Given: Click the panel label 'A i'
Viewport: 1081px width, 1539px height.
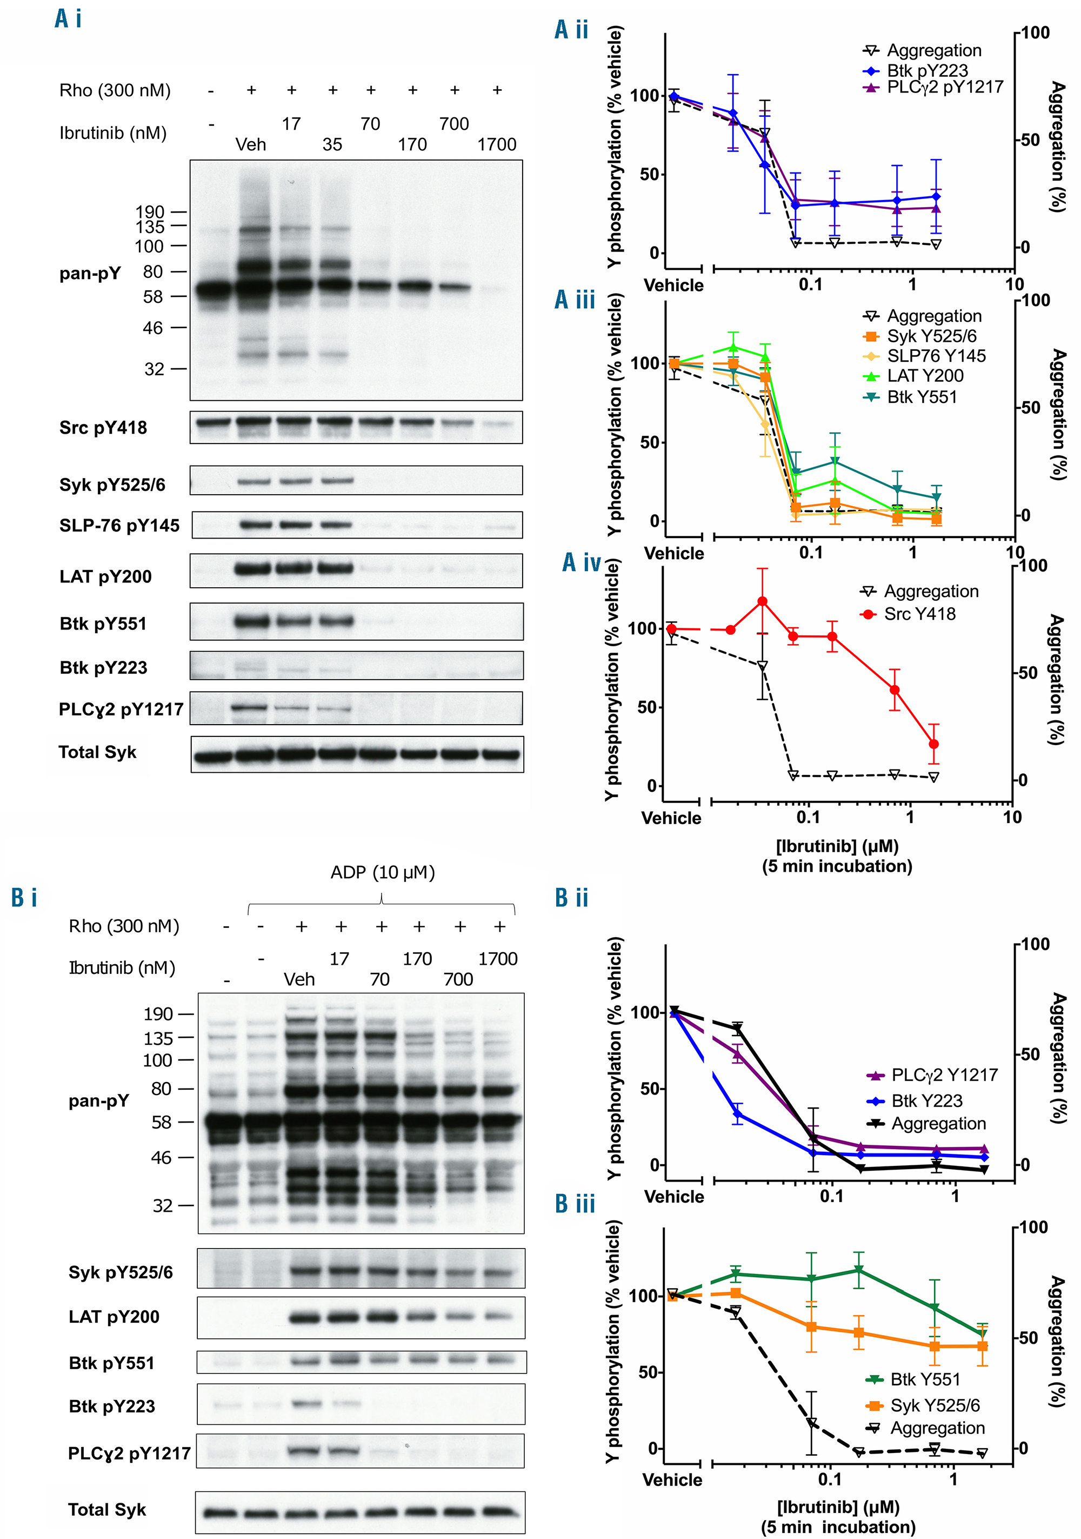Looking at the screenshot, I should click(68, 18).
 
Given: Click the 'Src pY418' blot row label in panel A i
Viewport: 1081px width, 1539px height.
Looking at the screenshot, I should click(103, 428).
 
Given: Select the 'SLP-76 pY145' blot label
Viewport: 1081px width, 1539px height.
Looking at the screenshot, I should click(119, 526).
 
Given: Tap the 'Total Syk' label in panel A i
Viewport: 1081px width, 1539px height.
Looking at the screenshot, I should click(97, 752).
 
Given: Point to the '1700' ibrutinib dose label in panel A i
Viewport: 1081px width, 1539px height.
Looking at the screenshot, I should click(496, 145).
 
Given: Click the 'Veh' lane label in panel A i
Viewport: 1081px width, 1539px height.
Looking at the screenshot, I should click(251, 145).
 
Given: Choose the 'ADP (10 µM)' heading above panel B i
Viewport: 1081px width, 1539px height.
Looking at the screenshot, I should click(382, 872).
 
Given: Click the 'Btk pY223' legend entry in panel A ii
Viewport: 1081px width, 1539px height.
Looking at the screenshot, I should click(927, 70).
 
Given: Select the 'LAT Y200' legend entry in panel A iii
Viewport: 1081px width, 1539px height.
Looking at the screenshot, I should click(925, 376).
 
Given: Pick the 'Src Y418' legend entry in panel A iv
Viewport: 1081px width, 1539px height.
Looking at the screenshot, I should click(919, 613).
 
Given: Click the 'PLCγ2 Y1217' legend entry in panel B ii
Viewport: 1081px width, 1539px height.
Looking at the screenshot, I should click(944, 1075).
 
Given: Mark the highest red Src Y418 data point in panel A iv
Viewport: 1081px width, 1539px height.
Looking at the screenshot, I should click(762, 601).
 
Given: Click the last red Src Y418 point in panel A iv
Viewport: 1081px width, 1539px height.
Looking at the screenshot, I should click(933, 744).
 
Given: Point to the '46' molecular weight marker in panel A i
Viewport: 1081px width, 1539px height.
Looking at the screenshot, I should click(153, 328).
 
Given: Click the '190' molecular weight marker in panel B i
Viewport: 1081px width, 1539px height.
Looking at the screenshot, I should click(158, 1014).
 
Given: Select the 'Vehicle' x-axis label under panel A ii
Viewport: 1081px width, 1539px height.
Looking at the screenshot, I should click(673, 286).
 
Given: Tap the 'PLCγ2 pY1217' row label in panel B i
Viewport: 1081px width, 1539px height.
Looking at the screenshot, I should click(129, 1453).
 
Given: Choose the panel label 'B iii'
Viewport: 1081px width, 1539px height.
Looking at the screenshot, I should click(575, 1204).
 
